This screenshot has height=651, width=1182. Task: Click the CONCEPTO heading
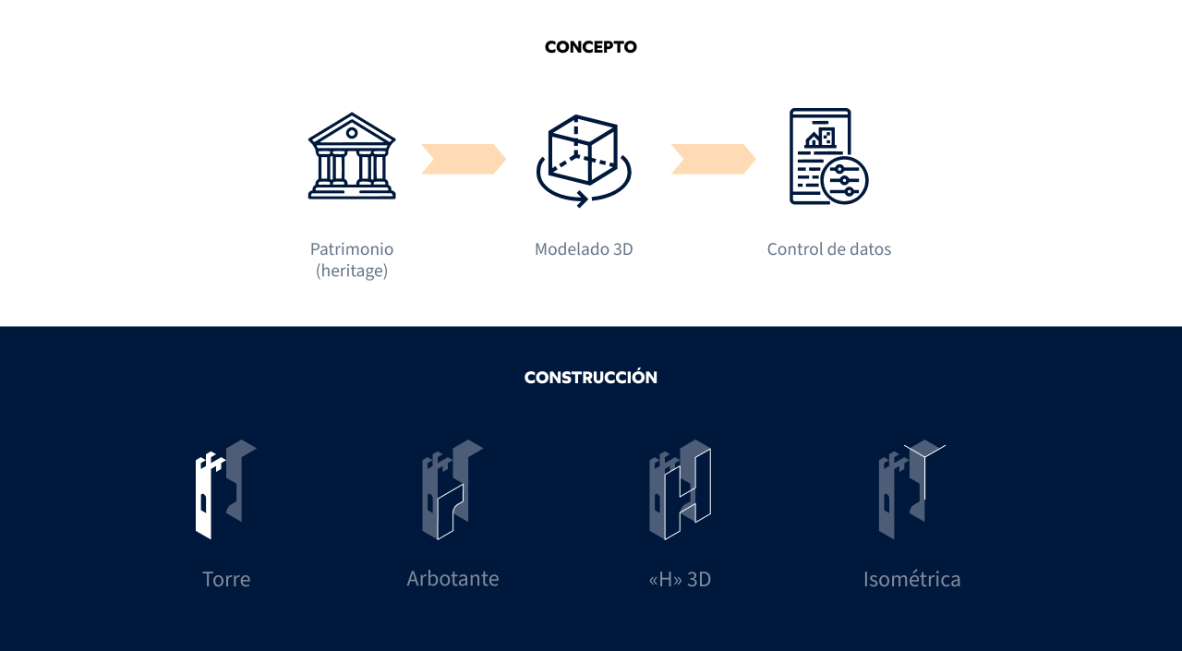pos(591,47)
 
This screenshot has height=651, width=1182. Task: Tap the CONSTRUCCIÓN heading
pos(591,378)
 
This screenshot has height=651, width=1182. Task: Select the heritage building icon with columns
pos(352,156)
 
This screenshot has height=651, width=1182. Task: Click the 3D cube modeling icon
pos(583,160)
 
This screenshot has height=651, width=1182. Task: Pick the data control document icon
pos(825,156)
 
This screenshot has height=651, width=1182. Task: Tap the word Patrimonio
pos(352,249)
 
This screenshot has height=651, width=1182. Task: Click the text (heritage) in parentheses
pos(352,271)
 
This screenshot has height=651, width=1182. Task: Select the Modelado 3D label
pos(584,249)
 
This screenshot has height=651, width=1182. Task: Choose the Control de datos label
pos(829,249)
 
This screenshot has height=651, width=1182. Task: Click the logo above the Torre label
pos(225,489)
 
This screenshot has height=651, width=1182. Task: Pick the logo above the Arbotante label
pos(452,489)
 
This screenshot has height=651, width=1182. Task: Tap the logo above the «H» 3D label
pos(680,489)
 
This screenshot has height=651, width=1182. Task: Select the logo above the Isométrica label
pos(911,489)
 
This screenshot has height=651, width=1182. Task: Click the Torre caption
pos(226,580)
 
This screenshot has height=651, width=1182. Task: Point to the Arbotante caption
pos(452,579)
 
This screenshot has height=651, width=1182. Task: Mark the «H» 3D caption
pos(680,580)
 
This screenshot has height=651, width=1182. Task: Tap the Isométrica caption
pos(912,580)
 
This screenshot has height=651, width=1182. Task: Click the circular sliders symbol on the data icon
pos(844,180)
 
